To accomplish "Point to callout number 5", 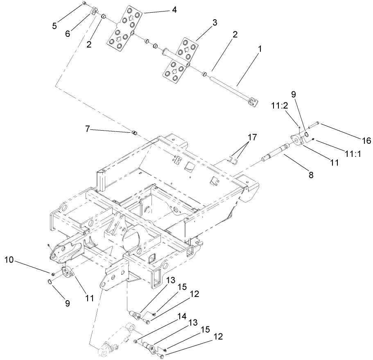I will [54, 26].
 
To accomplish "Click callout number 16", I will [366, 140].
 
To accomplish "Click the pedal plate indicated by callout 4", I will [126, 29].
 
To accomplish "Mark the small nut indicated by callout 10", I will [53, 274].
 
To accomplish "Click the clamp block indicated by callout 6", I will [93, 11].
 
